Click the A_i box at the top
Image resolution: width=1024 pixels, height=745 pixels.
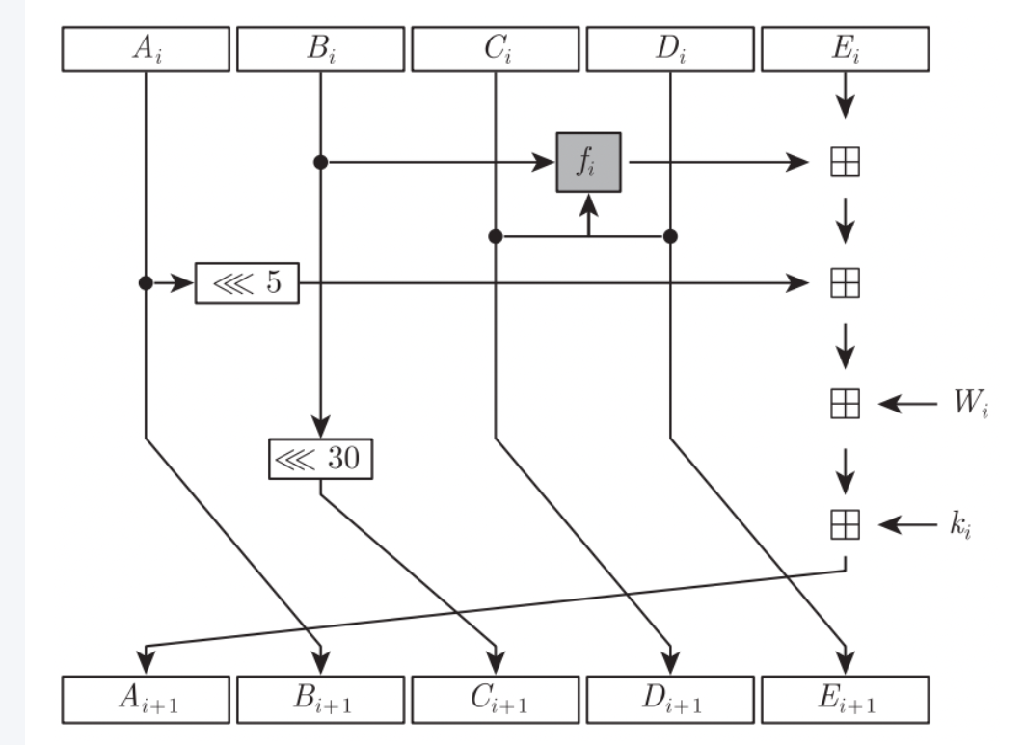coord(145,49)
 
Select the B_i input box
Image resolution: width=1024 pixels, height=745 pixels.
coord(320,49)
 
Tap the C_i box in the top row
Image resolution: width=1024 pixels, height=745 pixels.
coord(495,49)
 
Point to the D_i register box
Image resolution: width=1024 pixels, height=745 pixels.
coord(670,49)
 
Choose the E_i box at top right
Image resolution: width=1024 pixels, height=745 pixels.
coord(845,49)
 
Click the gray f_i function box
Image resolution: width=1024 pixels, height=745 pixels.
coord(588,162)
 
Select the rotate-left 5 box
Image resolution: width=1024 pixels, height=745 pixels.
coord(247,283)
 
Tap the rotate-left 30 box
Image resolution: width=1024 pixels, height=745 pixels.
coord(319,459)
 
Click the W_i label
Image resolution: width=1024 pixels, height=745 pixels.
coord(968,405)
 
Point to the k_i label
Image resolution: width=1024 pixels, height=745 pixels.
coord(958,525)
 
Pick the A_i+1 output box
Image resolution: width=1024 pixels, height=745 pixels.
coord(145,694)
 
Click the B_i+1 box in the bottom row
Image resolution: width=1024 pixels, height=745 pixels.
coord(320,694)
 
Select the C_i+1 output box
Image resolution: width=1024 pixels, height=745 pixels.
coord(495,694)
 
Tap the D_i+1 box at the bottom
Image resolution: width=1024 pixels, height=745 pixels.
coord(670,694)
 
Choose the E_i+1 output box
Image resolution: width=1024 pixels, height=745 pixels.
coord(845,694)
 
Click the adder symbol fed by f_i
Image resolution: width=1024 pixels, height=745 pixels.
coord(845,162)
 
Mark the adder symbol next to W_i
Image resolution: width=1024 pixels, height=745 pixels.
coord(845,405)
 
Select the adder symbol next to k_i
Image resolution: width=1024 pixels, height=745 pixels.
coord(845,525)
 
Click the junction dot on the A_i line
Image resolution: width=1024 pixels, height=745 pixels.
coord(146,283)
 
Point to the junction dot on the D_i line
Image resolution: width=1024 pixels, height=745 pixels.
coord(670,235)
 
